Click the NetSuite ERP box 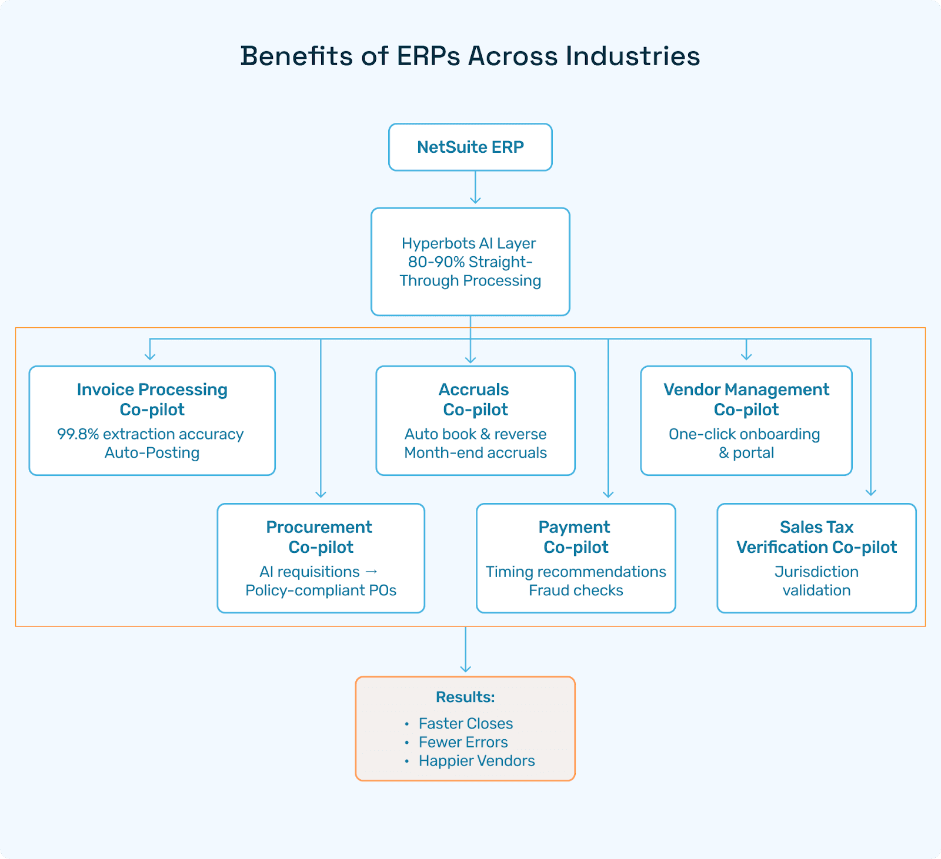tap(470, 147)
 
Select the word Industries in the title tap(633, 56)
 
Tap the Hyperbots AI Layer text tap(469, 243)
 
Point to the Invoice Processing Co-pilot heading tap(152, 400)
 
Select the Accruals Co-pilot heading tap(475, 400)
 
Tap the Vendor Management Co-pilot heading tap(746, 400)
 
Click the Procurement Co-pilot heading tap(320, 537)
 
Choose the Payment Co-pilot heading tap(575, 537)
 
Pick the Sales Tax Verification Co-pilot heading tap(816, 537)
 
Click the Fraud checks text tap(576, 590)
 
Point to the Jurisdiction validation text tap(816, 581)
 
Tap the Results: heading tap(465, 697)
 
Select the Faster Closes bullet tap(465, 723)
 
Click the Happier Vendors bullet tap(476, 761)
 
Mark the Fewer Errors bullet tap(463, 742)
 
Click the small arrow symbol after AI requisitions tap(371, 572)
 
